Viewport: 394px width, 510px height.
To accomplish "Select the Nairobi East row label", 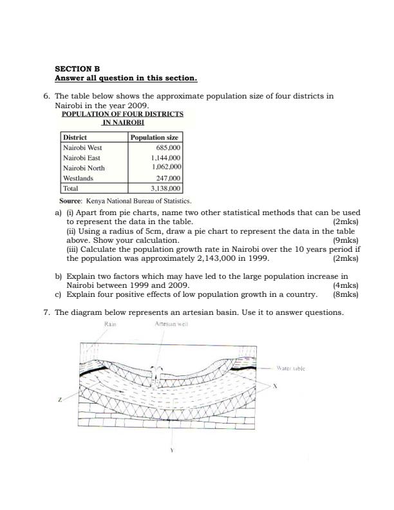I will coord(82,158).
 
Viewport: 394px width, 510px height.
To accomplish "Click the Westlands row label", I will coord(78,178).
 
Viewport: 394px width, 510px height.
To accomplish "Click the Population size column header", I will coord(155,137).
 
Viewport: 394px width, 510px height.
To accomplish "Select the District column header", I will coord(75,137).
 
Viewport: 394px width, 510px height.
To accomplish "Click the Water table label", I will coord(290,369).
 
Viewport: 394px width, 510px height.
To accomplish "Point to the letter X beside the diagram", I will coord(275,386).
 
